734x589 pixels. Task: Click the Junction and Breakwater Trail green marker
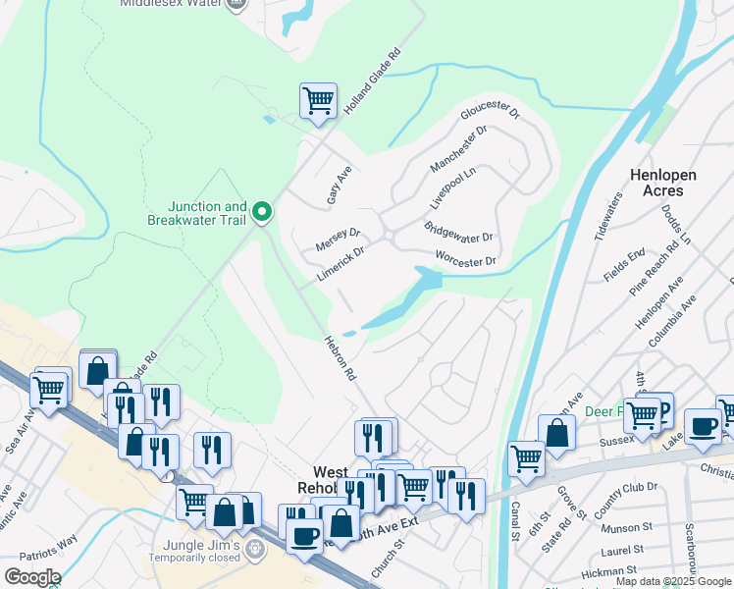(262, 211)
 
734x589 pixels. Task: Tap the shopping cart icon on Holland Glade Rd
(318, 100)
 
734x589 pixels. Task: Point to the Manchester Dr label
(458, 149)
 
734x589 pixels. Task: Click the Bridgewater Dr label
(457, 234)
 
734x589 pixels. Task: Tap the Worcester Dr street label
(466, 261)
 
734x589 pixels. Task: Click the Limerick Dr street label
(341, 265)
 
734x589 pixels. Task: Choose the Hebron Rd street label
(338, 356)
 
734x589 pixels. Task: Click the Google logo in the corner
(32, 577)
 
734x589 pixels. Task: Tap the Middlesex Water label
(169, 4)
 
